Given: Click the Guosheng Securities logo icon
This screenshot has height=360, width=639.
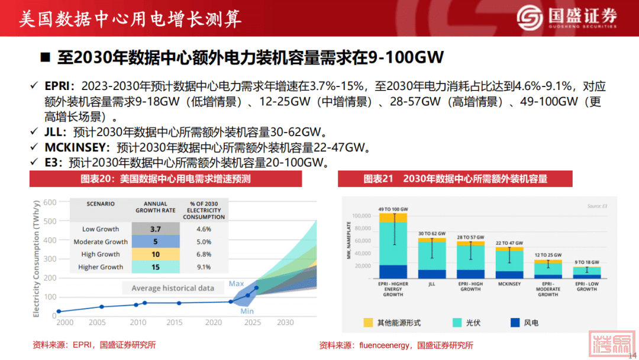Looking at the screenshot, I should tap(530, 18).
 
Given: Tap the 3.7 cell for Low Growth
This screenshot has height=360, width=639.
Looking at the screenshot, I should tap(156, 229).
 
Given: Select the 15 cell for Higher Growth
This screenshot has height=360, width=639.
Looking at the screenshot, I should tap(156, 267).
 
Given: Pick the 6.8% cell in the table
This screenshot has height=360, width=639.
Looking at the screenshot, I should tap(204, 255).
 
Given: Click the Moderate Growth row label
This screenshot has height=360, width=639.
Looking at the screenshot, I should tap(101, 242).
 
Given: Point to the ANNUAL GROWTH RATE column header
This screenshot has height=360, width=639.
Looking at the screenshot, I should tap(156, 207).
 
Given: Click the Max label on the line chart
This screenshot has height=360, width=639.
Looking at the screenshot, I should tap(236, 284).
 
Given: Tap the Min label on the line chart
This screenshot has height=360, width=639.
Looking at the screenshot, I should tap(247, 311).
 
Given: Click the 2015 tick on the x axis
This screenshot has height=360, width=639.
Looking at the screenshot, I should tap(175, 323).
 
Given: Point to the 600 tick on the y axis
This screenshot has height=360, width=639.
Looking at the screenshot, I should tap(50, 202).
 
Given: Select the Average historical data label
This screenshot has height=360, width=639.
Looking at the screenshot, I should tap(173, 288).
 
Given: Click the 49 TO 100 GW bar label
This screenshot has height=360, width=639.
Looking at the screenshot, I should tap(393, 210).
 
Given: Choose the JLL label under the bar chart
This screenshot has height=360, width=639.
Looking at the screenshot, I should tap(431, 284).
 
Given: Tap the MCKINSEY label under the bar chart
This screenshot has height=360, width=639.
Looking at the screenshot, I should tap(509, 284).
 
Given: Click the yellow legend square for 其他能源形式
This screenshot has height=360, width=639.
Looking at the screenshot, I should tap(368, 323).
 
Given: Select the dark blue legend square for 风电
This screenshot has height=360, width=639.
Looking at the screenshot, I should tap(514, 323).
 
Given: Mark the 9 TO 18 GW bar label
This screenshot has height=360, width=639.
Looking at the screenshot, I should tap(586, 262).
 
